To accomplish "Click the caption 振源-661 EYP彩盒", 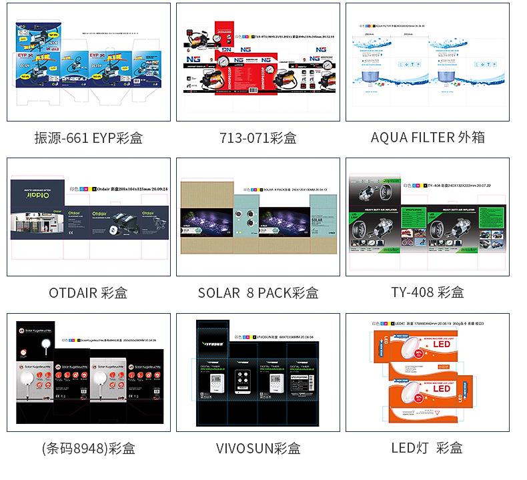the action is click(x=88, y=138).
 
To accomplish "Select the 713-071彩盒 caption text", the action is click(x=257, y=138).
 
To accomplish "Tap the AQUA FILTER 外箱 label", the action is click(x=428, y=138).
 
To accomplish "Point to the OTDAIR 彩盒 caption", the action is click(x=88, y=292).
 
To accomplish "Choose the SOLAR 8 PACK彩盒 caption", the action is click(x=257, y=292).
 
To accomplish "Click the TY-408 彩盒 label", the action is click(x=427, y=292).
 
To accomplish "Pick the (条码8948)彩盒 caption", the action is click(x=88, y=447).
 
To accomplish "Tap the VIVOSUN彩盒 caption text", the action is click(x=257, y=447).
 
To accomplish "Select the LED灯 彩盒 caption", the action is click(x=427, y=447).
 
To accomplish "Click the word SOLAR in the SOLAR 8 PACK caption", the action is click(x=218, y=292).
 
